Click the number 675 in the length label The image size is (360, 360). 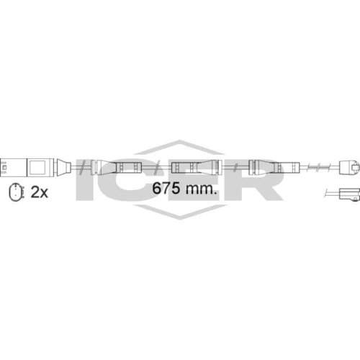click(166, 188)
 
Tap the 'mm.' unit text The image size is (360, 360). click(201, 189)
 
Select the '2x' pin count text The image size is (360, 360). click(40, 192)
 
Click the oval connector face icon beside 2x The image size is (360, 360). click(17, 192)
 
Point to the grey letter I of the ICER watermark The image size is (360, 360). click(84, 179)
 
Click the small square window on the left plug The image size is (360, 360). click(37, 167)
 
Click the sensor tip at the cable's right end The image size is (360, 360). click(349, 167)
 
